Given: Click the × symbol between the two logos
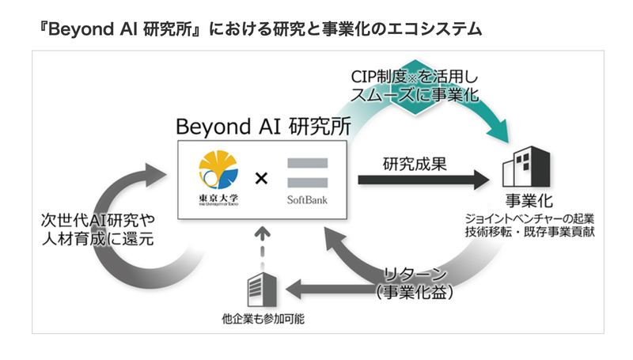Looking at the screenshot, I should pos(261,178).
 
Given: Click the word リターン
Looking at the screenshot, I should pos(416,275).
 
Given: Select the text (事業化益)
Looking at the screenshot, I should pos(416,293).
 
